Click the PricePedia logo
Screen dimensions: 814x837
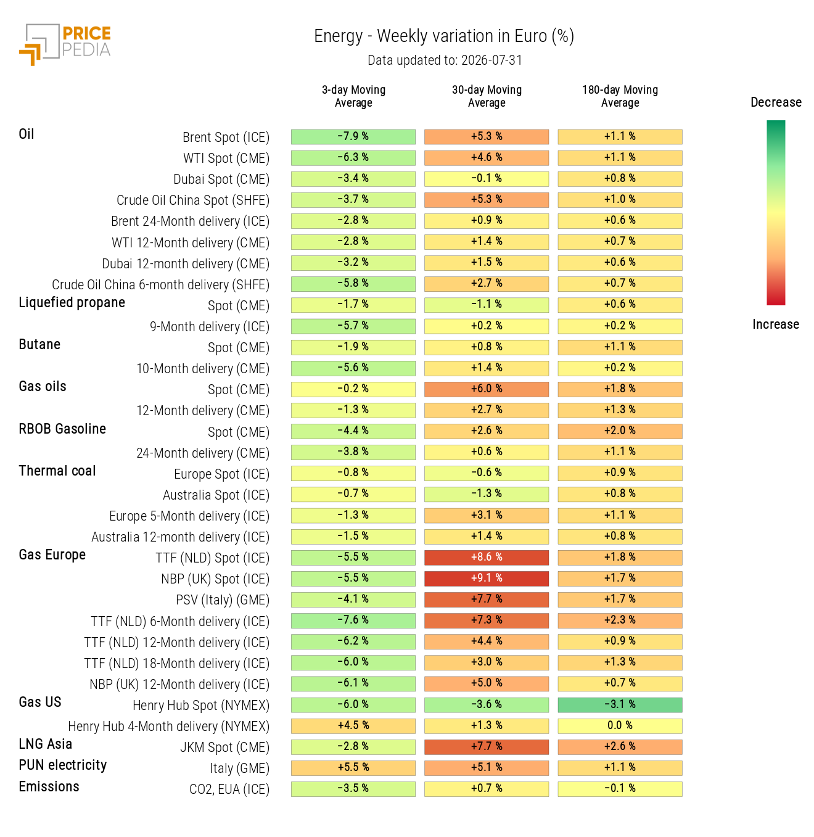65,44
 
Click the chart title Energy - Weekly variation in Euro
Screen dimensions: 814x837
443,36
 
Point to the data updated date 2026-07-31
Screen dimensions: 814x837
491,60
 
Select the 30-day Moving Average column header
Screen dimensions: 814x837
487,96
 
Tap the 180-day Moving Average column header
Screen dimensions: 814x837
620,96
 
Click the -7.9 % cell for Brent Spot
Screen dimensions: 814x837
353,136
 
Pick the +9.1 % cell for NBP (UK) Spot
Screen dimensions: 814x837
487,578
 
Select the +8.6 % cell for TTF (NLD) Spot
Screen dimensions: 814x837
487,557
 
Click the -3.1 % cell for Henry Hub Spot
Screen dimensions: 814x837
620,704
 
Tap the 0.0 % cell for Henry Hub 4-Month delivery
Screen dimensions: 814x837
620,725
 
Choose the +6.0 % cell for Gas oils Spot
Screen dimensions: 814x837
487,389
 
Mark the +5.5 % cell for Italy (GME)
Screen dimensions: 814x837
353,767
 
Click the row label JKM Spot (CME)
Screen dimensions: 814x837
224,747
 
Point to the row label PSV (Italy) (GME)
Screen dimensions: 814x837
223,600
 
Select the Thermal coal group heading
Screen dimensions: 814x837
57,471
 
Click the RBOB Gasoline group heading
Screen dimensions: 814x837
62,429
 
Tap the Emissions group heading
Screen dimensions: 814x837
49,786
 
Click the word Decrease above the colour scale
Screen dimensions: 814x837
776,102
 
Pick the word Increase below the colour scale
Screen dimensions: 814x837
776,324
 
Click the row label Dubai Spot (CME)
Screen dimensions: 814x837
221,179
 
